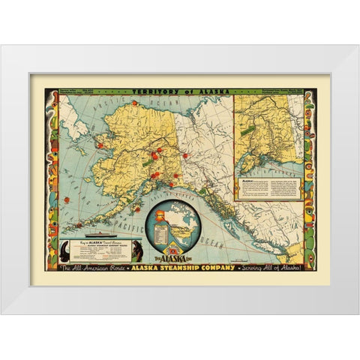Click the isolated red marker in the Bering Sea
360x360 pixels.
pyautogui.click(x=65, y=200)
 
